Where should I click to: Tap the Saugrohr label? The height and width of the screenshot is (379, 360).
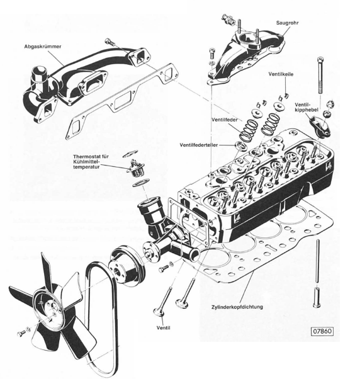289,23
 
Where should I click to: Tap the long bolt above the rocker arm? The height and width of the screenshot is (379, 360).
321,82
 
